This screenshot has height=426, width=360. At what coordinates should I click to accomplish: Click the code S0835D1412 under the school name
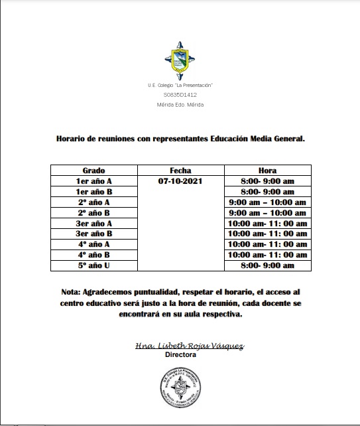[180, 95]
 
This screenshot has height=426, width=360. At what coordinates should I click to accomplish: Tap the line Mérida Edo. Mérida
[180, 104]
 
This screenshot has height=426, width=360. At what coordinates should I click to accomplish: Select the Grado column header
[93, 171]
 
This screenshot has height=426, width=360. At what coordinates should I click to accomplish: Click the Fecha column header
[180, 171]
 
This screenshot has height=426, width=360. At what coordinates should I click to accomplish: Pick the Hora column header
[267, 171]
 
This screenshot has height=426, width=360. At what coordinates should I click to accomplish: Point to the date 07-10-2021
[180, 181]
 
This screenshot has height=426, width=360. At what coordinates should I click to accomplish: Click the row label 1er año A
[93, 181]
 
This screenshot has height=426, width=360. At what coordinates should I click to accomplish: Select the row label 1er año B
[93, 192]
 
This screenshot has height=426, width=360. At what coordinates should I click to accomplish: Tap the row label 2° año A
[93, 202]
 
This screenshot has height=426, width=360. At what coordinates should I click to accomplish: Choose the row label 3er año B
[93, 234]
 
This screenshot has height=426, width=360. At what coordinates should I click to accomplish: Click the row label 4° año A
[93, 245]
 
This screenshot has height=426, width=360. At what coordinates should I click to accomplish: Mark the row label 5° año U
[93, 266]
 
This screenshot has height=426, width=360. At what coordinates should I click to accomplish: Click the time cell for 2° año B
[267, 213]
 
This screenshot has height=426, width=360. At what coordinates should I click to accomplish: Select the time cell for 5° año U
[267, 266]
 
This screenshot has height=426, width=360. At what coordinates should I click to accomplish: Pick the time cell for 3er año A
[267, 224]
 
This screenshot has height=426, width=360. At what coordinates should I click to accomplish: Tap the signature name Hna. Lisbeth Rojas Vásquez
[180, 346]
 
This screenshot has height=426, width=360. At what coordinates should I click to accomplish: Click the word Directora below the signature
[180, 355]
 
